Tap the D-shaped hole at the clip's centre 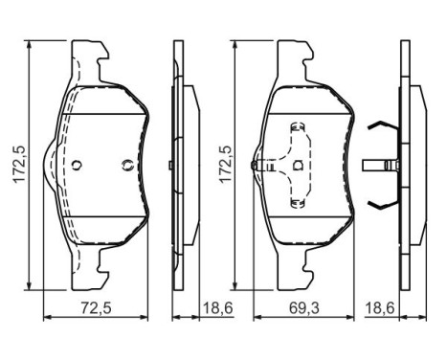299,165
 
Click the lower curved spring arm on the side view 384,204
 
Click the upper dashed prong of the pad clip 299,128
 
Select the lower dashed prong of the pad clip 299,201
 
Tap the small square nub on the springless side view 170,165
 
